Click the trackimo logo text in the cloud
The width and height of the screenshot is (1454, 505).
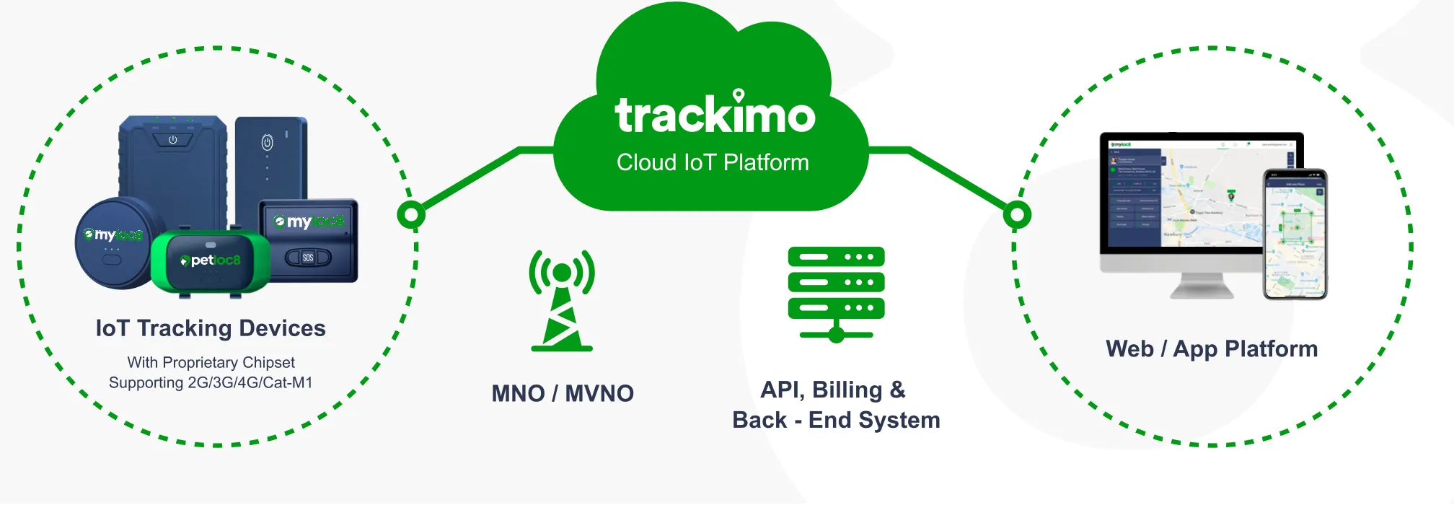point(714,115)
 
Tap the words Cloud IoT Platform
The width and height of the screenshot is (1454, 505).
point(713,162)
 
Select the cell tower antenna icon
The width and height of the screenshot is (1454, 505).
point(562,300)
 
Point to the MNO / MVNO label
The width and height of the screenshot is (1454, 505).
point(563,393)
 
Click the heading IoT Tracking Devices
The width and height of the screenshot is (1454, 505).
point(211,328)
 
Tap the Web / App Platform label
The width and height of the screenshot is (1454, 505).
point(1212,349)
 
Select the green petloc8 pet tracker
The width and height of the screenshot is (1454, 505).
point(211,262)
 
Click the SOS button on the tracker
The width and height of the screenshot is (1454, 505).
point(308,258)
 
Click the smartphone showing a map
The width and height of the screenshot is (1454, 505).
point(1295,234)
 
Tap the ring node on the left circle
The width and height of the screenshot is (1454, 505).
point(411,214)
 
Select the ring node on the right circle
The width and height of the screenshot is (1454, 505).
point(1017,214)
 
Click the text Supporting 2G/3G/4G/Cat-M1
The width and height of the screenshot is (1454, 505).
point(211,382)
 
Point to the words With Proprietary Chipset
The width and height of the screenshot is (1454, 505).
point(211,362)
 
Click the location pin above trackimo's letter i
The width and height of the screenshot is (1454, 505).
point(739,95)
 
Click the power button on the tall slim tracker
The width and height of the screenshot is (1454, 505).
point(267,143)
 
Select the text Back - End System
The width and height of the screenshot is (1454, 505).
point(836,420)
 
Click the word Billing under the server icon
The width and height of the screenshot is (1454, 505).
point(847,390)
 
